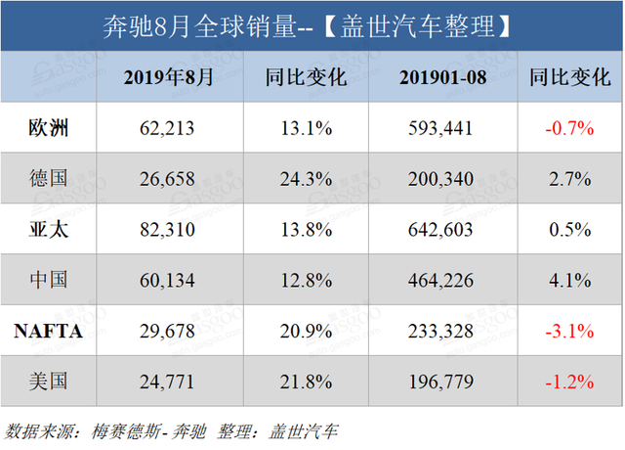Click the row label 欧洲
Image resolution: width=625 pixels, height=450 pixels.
tap(48, 127)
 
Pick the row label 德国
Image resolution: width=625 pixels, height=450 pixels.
tap(48, 178)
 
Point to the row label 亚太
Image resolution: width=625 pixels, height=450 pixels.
tap(48, 229)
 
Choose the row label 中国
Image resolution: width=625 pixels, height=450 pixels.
tap(48, 280)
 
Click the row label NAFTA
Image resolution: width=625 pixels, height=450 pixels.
tap(48, 331)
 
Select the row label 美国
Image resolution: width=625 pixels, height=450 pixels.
tap(48, 382)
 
